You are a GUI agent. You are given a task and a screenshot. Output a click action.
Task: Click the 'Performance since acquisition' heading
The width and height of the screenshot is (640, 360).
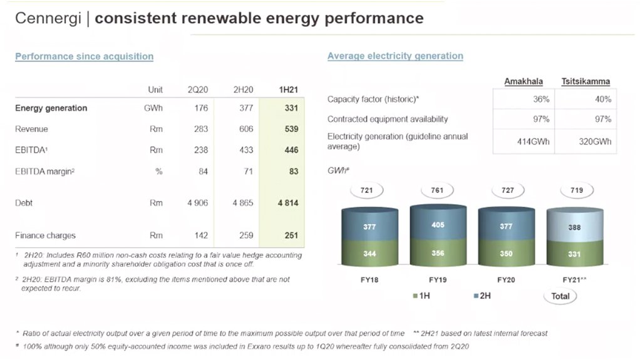pyautogui.click(x=84, y=56)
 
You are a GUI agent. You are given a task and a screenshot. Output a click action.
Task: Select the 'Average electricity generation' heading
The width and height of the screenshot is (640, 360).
pyautogui.click(x=395, y=56)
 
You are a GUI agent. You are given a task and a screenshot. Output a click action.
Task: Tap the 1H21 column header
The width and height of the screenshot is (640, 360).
pyautogui.click(x=288, y=90)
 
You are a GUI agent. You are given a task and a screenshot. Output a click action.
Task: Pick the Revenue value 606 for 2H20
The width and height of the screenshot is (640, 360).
pyautogui.click(x=246, y=129)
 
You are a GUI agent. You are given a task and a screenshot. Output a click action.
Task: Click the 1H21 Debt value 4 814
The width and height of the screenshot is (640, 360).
pyautogui.click(x=288, y=203)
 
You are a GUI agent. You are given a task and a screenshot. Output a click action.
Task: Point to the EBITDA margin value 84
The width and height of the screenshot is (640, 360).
pyautogui.click(x=204, y=172)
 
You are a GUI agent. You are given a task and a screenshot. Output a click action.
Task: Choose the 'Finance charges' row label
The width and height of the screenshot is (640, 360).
pyautogui.click(x=45, y=235)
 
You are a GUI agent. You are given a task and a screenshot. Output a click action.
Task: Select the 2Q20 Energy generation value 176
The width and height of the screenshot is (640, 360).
pyautogui.click(x=201, y=108)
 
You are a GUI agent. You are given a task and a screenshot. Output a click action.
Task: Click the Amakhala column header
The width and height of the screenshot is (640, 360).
pyautogui.click(x=524, y=81)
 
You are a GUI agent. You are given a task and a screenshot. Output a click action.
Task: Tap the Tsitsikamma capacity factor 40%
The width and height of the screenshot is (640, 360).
pyautogui.click(x=603, y=99)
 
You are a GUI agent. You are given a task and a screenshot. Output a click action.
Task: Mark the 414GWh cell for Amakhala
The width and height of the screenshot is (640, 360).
pyautogui.click(x=533, y=141)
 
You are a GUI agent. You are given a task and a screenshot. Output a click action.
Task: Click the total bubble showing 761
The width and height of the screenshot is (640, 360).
pyautogui.click(x=437, y=190)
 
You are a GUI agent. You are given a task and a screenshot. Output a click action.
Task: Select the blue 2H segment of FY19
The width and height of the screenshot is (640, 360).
pyautogui.click(x=438, y=222)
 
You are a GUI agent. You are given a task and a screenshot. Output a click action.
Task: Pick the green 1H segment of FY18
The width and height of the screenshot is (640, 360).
pyautogui.click(x=369, y=254)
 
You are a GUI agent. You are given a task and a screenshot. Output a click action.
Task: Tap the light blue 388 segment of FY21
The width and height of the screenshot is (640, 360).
pyautogui.click(x=575, y=226)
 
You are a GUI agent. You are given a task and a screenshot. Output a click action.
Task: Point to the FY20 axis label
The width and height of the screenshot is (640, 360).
pyautogui.click(x=506, y=280)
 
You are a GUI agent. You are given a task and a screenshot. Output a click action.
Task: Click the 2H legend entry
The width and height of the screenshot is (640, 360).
pyautogui.click(x=482, y=296)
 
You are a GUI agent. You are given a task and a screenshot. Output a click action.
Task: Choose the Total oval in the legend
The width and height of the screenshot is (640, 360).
pyautogui.click(x=560, y=296)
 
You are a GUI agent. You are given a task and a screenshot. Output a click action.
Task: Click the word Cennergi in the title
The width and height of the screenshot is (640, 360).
pyautogui.click(x=48, y=18)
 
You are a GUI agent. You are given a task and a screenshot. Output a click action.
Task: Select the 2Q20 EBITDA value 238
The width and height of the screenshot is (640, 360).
pyautogui.click(x=201, y=150)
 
